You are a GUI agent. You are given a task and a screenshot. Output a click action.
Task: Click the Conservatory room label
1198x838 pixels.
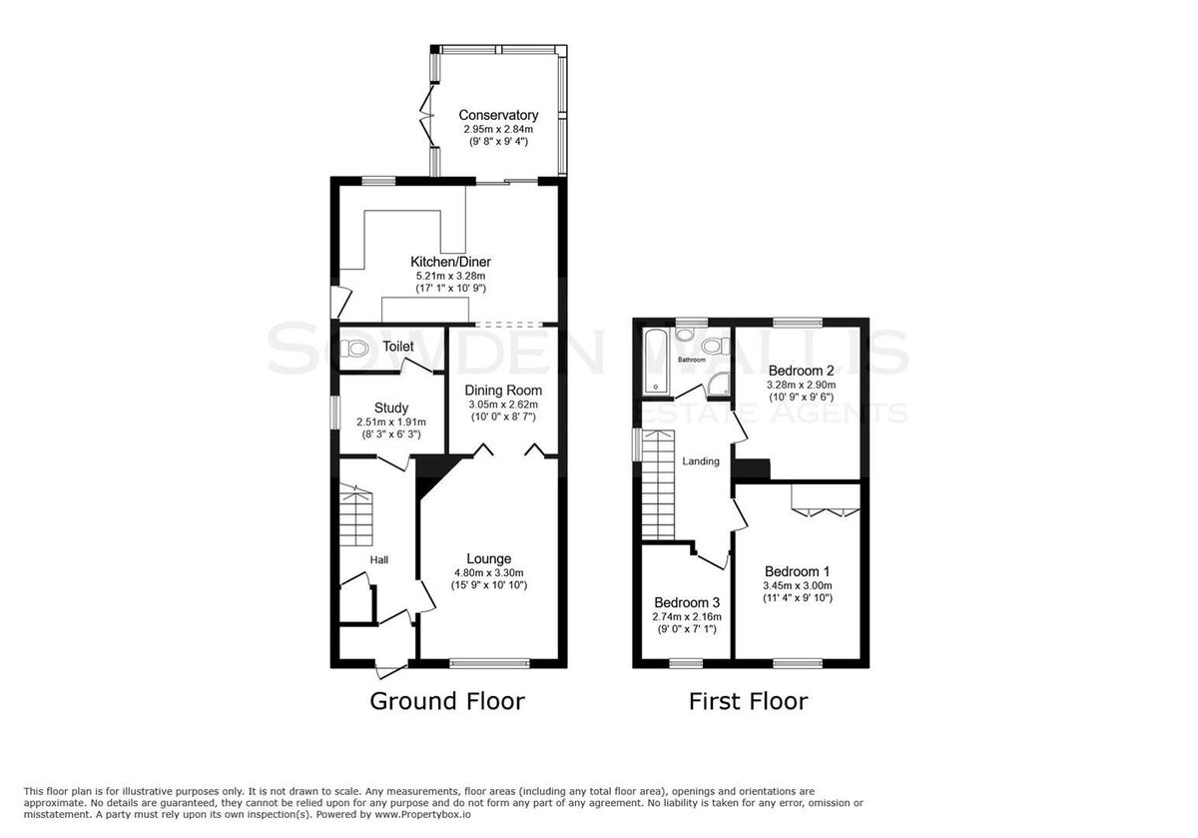pos(498,115)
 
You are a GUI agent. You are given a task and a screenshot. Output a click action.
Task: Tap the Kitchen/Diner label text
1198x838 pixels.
pos(450,262)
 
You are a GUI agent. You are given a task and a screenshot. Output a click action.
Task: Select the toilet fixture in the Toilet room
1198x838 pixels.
pos(354,350)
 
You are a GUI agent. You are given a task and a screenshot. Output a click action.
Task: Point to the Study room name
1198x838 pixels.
pos(391,408)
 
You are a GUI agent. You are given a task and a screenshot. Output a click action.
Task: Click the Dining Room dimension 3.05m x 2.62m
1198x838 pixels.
pos(503,405)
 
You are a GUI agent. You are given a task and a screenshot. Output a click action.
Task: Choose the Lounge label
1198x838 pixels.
pos(489,559)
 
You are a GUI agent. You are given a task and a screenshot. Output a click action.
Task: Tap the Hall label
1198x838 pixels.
pos(379,559)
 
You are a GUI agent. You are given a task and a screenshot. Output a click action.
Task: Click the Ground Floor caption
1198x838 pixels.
pos(447,701)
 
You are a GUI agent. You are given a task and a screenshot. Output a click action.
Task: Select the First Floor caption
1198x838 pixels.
pos(748,701)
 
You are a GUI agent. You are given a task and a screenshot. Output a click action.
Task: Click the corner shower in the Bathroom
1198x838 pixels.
pos(719,385)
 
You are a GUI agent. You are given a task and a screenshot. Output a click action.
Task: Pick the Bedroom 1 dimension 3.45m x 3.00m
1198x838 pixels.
pos(798,585)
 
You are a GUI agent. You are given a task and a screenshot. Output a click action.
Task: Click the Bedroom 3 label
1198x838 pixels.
pos(687,602)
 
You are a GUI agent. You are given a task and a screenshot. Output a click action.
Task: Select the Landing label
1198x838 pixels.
pos(701,461)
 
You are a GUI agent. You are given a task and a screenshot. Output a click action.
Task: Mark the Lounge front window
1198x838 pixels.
pos(489,663)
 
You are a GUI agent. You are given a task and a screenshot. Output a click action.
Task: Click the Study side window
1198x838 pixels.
pos(334,413)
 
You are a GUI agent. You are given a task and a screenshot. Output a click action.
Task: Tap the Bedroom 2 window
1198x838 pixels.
pos(798,323)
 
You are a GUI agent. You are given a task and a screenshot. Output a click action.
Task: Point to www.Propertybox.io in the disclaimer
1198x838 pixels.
pos(422,815)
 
